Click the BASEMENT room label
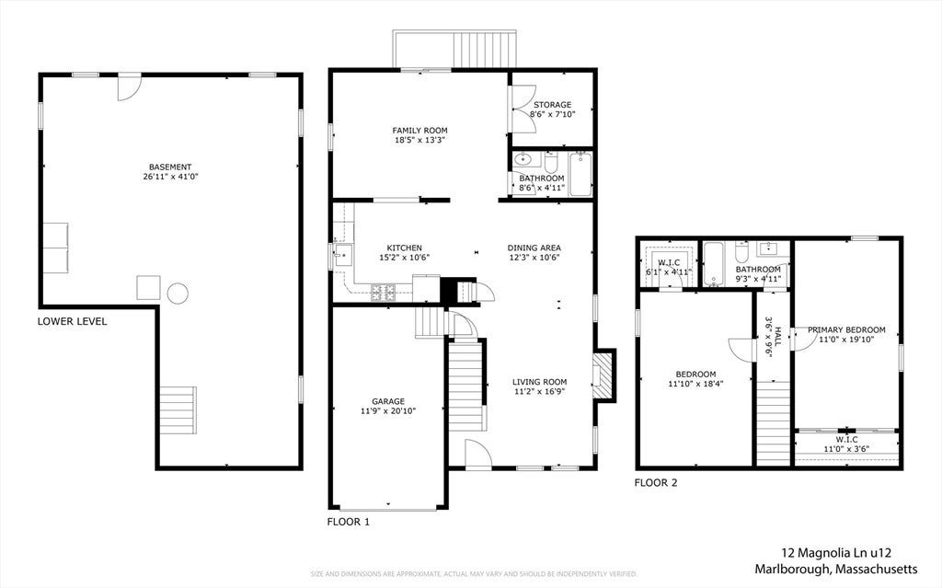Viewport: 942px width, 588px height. (170, 167)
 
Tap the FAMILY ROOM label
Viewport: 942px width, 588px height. (419, 131)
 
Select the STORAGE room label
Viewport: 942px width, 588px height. (552, 105)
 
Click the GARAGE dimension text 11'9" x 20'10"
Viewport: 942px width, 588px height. (388, 411)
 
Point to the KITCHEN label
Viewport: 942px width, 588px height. (405, 248)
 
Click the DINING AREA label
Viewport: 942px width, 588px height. (534, 248)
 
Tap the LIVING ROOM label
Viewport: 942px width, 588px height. (539, 382)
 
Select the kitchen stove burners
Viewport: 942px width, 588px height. (383, 293)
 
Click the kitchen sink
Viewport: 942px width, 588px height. (343, 255)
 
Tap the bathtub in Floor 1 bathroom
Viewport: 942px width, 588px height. (580, 174)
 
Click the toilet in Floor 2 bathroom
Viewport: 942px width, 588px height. (741, 252)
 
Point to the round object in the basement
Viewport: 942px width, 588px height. (178, 294)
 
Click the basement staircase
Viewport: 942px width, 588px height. (178, 410)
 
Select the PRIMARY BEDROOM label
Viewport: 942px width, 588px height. (846, 330)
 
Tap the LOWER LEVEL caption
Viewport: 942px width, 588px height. (72, 322)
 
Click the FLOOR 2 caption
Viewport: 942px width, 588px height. (656, 483)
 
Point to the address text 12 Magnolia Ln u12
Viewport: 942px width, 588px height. (836, 553)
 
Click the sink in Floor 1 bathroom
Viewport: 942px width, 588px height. (523, 160)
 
